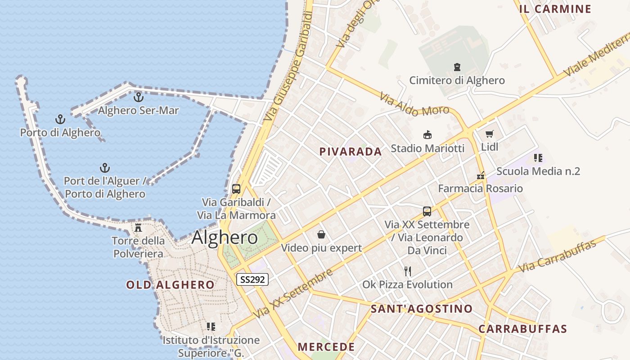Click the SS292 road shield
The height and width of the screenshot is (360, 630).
pyautogui.click(x=252, y=279)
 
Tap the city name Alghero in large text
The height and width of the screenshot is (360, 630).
pyautogui.click(x=225, y=237)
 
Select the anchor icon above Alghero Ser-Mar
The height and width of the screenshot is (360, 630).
pyautogui.click(x=139, y=97)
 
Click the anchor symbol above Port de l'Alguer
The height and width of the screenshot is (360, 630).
pyautogui.click(x=105, y=168)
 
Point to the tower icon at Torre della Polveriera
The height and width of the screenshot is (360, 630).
pyautogui.click(x=138, y=228)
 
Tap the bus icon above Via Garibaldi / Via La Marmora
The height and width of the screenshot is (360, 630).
pyautogui.click(x=236, y=189)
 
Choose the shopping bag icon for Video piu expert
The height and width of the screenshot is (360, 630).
pyautogui.click(x=321, y=234)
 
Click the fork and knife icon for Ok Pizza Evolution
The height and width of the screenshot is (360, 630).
pyautogui.click(x=408, y=271)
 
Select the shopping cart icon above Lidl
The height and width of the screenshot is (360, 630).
pyautogui.click(x=490, y=134)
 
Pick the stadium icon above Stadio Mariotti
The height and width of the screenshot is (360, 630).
pyautogui.click(x=427, y=135)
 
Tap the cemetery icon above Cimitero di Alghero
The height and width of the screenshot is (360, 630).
pyautogui.click(x=457, y=67)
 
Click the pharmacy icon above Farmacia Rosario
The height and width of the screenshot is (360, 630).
pyautogui.click(x=481, y=175)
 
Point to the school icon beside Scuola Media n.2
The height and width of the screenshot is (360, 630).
pyautogui.click(x=538, y=158)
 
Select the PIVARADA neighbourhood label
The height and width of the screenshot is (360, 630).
pyautogui.click(x=351, y=152)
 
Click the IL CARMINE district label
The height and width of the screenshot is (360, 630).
pyautogui.click(x=555, y=9)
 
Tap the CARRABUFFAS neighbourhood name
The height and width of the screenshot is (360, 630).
pyautogui.click(x=522, y=328)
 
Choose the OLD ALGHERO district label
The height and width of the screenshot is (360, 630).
pyautogui.click(x=170, y=285)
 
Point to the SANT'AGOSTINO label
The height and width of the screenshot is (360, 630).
pyautogui.click(x=422, y=309)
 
